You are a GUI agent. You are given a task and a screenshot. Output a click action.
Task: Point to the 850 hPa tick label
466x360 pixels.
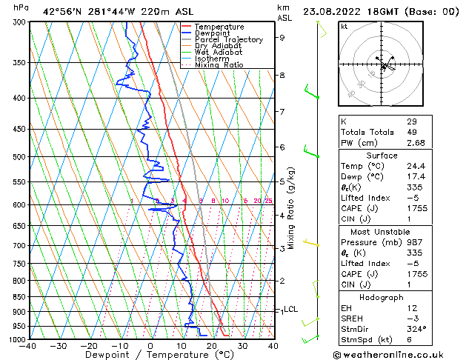pyautogui.click(x=19, y=296)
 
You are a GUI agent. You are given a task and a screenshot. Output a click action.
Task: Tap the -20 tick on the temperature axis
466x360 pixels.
pyautogui.click(x=89, y=346)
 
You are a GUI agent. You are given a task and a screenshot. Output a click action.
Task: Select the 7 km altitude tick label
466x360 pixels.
pyautogui.click(x=282, y=112)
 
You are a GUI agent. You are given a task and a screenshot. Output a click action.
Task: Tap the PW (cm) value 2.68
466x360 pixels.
pyautogui.click(x=416, y=143)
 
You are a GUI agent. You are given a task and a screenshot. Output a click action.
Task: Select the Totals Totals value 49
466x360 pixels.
pyautogui.click(x=411, y=132)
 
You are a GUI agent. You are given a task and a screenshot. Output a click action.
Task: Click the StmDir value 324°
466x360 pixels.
pyautogui.click(x=416, y=329)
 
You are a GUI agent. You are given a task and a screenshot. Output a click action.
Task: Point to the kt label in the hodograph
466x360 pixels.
pyautogui.click(x=344, y=27)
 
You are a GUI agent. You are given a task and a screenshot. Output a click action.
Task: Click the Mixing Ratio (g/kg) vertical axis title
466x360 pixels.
pyautogui.click(x=292, y=207)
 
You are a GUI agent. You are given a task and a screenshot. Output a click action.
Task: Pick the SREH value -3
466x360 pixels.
pyautogui.click(x=411, y=318)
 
